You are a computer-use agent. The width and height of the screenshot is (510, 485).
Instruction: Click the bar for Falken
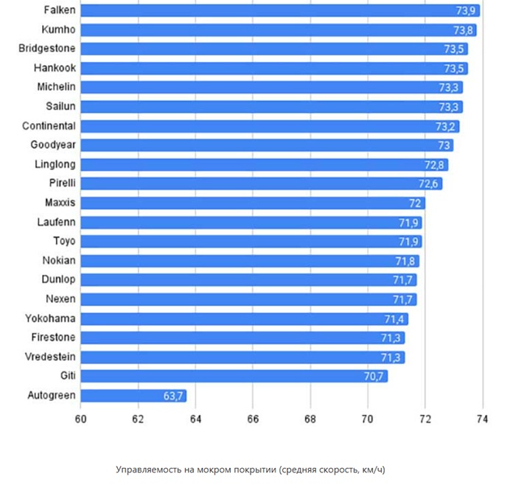(x=280, y=10)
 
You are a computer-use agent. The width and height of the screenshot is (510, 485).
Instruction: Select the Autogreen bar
(x=133, y=396)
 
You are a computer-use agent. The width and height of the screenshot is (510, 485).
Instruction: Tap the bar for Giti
(x=234, y=377)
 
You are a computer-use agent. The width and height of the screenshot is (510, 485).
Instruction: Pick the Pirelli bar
(x=261, y=184)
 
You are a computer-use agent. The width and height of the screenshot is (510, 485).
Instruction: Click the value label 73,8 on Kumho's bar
(x=464, y=30)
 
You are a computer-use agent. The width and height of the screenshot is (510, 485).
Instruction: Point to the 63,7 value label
(x=173, y=396)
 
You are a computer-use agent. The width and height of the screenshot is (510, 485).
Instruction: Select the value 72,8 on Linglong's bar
(x=435, y=164)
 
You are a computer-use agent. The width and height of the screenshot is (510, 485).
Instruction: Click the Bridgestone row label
(x=46, y=49)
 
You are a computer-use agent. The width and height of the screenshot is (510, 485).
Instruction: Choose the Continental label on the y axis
(x=49, y=126)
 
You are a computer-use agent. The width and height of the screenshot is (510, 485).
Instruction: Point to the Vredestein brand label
(x=47, y=357)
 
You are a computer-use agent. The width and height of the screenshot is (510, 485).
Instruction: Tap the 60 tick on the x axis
(x=80, y=419)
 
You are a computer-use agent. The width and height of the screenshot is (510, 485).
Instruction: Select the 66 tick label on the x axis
(x=253, y=419)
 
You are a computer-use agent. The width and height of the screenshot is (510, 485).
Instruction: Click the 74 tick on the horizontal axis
(x=483, y=419)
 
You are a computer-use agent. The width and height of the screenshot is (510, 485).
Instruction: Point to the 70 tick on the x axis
(x=368, y=419)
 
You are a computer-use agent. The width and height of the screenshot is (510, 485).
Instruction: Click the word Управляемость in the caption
(x=149, y=470)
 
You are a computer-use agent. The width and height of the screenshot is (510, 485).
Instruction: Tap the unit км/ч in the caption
(x=372, y=470)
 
